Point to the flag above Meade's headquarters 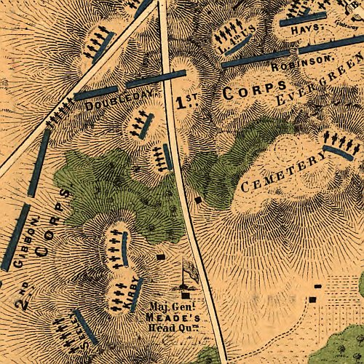pos(188,274)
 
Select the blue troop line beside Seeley pos(86,327)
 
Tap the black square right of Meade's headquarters pos(314,299)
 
